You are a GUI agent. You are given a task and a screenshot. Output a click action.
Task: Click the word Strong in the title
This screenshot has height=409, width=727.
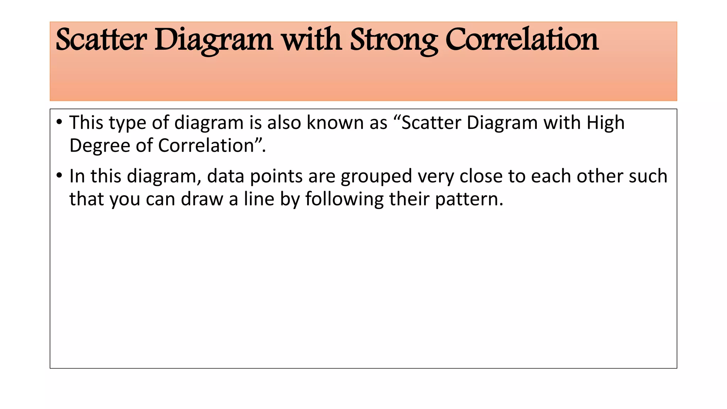pos(394,40)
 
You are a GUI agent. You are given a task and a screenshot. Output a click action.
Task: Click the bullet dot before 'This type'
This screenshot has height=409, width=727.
pos(59,122)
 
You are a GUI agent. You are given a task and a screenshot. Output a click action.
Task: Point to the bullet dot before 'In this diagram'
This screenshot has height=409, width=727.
pos(59,176)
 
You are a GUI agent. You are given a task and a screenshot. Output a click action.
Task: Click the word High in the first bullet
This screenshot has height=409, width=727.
pos(605,123)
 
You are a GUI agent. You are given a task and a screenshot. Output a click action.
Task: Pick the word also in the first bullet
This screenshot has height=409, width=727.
pos(284,123)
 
